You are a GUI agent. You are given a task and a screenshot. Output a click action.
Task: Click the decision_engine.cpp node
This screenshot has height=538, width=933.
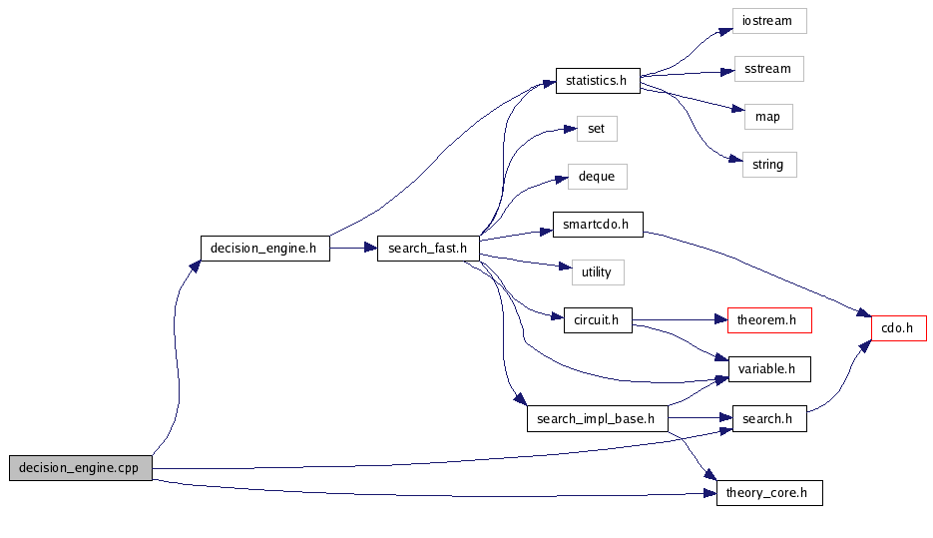pos(81,468)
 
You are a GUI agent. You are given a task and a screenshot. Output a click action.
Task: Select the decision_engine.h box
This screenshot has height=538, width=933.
pos(264,249)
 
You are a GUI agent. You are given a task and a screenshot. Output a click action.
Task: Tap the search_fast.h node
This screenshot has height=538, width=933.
pos(428,249)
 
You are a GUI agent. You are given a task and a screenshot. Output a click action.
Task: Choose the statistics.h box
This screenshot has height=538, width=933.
pos(597,81)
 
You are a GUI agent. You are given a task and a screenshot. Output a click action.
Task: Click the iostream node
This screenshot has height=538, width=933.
pos(768,21)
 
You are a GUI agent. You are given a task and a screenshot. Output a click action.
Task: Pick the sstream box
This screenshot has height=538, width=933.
pos(767,69)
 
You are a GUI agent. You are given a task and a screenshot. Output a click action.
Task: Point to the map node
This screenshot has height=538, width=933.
pos(767,117)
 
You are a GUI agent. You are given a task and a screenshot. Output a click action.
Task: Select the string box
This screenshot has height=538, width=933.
pos(768,165)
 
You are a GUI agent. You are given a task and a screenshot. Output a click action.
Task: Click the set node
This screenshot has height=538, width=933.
pos(597,129)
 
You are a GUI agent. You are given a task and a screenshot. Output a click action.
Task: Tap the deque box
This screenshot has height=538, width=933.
pos(597,177)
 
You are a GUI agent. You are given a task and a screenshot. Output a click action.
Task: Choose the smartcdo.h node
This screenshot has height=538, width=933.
pos(597,225)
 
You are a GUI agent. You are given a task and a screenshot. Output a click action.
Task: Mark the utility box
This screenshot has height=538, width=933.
pos(597,271)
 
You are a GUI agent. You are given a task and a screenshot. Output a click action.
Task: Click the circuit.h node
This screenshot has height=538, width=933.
pos(597,320)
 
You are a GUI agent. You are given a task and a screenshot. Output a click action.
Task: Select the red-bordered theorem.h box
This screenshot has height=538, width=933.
pos(768,320)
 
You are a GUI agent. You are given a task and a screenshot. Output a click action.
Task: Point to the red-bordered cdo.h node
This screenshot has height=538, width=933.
pos(899,328)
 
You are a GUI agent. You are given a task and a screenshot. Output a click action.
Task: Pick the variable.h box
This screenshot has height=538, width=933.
pos(768,368)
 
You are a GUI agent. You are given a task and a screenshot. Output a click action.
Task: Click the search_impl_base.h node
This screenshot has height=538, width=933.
pos(597,419)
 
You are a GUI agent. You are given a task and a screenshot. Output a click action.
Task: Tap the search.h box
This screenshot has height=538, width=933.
pos(768,419)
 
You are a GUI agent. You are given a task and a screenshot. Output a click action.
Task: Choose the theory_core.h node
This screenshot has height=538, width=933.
pos(768,493)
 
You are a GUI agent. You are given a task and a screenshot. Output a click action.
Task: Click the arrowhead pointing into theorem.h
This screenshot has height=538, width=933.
pos(720,320)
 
